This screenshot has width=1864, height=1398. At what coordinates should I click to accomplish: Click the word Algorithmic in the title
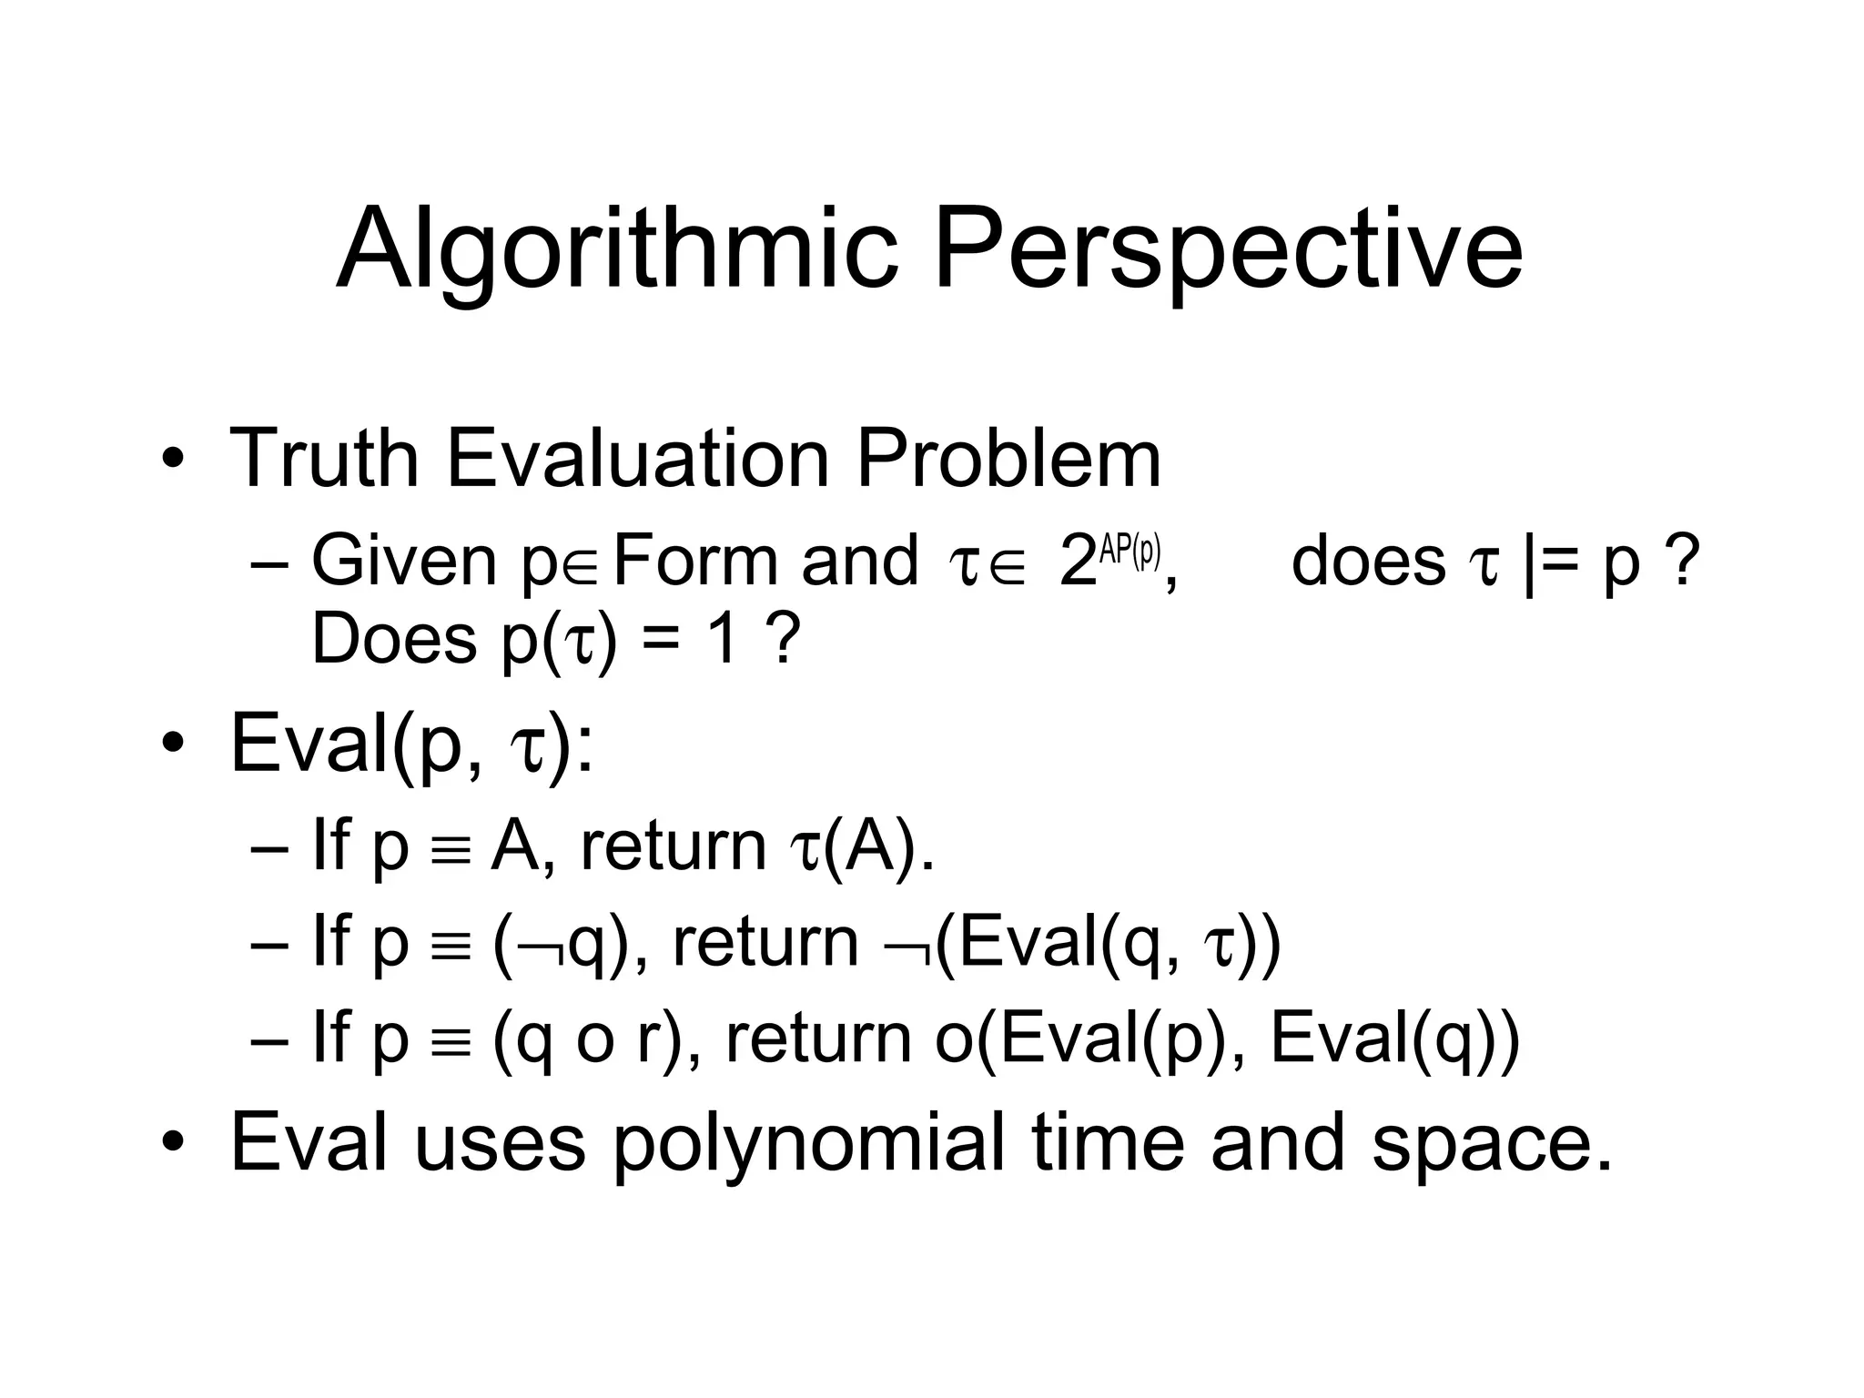619,248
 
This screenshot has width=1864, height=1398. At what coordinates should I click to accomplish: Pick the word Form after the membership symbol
696,562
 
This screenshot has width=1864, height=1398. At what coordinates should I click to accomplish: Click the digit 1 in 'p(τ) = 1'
721,639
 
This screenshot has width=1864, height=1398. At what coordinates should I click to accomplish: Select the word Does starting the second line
393,639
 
